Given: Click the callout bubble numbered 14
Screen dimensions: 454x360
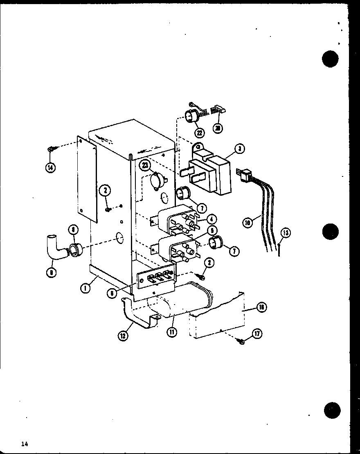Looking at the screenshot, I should click(51, 167).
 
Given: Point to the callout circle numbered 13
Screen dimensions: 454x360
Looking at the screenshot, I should click(285, 233).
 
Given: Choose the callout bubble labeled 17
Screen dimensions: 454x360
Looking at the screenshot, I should click(256, 334).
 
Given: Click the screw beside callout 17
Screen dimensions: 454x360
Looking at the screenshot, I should click(241, 341).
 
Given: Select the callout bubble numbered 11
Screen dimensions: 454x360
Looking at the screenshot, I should click(171, 332).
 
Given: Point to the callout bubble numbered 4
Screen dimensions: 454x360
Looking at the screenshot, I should click(211, 220).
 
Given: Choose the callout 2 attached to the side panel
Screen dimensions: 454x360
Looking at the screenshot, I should click(106, 190).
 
